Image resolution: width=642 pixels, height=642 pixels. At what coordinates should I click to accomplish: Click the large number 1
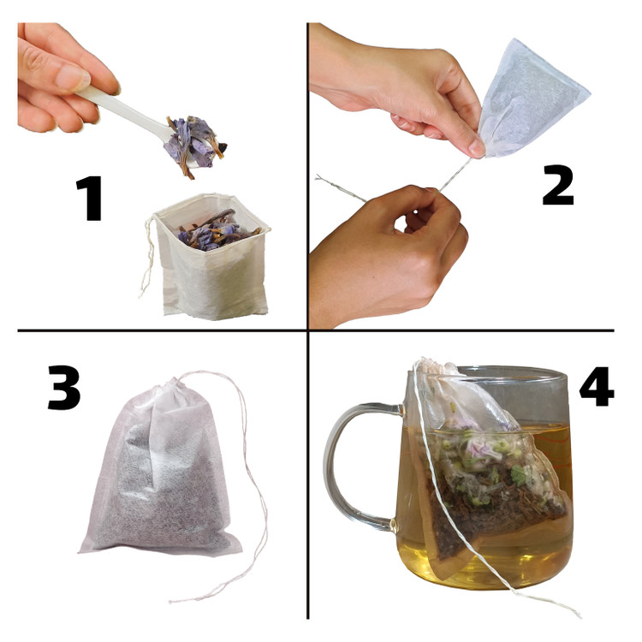tap(90, 199)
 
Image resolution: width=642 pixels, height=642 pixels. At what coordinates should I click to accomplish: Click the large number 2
tap(557, 185)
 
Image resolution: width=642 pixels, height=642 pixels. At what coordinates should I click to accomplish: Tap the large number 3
tap(64, 387)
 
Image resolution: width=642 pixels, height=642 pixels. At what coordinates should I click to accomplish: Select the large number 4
tap(597, 386)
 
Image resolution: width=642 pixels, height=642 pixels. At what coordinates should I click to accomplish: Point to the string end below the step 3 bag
tap(180, 600)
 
